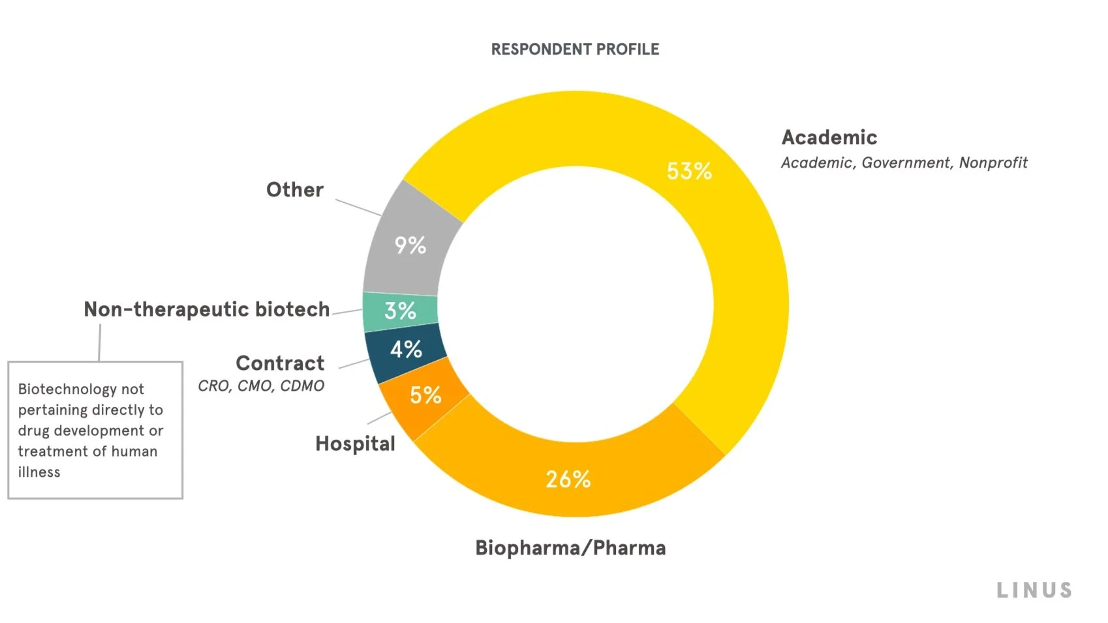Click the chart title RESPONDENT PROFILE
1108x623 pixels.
(x=575, y=50)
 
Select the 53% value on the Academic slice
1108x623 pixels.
(x=689, y=171)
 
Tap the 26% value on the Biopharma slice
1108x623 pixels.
(x=568, y=479)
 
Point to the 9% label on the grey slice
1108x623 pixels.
(x=410, y=245)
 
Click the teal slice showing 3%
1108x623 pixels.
(x=400, y=311)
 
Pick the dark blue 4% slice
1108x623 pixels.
(x=406, y=350)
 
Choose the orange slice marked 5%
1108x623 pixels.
(x=425, y=395)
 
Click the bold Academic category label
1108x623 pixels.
(x=829, y=138)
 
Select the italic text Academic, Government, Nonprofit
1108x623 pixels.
(x=904, y=162)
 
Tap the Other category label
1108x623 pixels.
(x=295, y=190)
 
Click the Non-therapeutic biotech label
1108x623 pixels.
(x=207, y=309)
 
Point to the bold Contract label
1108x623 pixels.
(x=280, y=363)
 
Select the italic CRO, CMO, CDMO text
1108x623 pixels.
(x=261, y=386)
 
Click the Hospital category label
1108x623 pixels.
(x=355, y=444)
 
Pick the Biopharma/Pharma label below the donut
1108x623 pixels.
(x=570, y=548)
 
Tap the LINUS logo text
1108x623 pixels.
(x=1034, y=590)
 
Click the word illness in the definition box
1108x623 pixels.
(x=39, y=472)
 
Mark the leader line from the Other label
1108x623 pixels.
(x=358, y=207)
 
